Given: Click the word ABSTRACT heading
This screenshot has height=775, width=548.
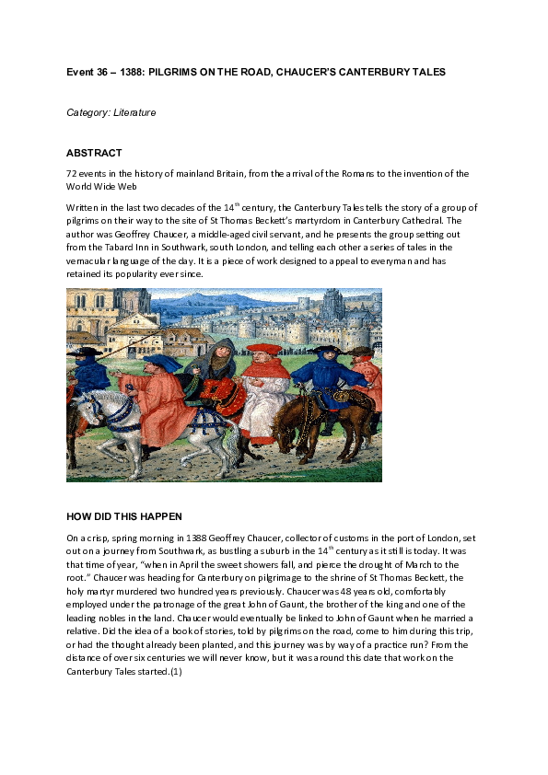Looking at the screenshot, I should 94,153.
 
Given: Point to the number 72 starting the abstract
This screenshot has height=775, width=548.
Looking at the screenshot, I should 72,174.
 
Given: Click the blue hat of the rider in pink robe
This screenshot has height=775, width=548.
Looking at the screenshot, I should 163,361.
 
